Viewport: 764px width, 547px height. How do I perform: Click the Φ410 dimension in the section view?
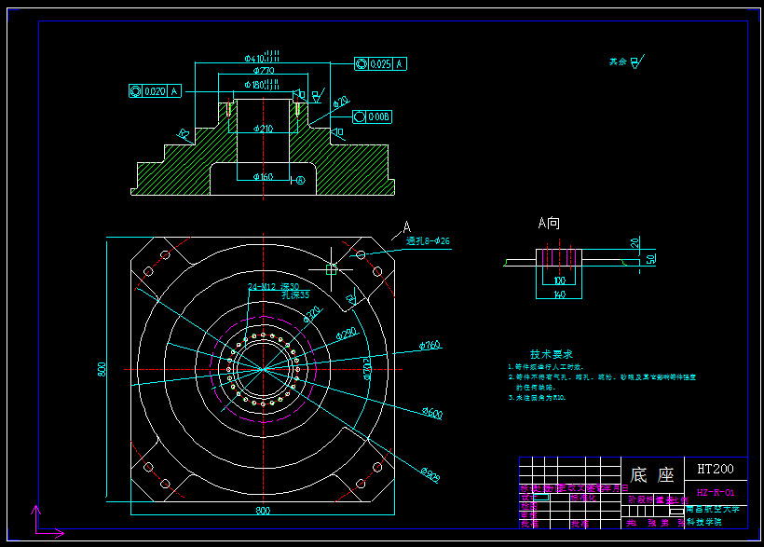click(x=261, y=58)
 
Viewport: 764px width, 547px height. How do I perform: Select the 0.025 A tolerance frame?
click(x=380, y=64)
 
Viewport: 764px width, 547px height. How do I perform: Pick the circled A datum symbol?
click(x=299, y=180)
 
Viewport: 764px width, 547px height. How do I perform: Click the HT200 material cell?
click(x=715, y=469)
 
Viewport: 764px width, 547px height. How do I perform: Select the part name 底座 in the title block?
click(x=652, y=474)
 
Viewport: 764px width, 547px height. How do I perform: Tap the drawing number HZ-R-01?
click(x=715, y=492)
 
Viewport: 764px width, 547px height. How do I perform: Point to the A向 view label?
click(x=549, y=224)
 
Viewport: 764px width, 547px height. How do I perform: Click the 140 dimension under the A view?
click(x=559, y=294)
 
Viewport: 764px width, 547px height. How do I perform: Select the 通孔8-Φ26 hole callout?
click(x=429, y=241)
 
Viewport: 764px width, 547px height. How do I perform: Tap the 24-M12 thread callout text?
click(x=273, y=286)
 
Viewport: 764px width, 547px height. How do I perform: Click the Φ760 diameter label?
click(x=430, y=346)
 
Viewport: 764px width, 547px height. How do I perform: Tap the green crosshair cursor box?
click(x=331, y=269)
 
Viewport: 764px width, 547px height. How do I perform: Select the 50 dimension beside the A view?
click(x=650, y=258)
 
